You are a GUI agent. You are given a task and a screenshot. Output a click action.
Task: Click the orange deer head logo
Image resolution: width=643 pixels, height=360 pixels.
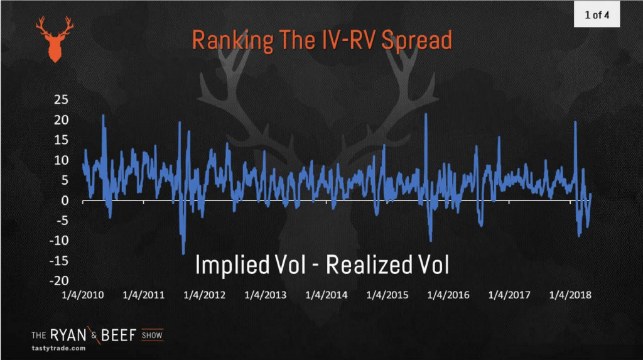click(55, 40)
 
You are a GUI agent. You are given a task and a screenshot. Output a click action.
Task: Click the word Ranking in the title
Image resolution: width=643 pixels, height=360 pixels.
click(232, 41)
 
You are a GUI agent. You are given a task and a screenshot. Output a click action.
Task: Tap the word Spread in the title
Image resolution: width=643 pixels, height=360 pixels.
click(417, 40)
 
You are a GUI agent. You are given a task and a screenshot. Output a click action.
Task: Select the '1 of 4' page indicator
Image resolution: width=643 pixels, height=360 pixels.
click(597, 15)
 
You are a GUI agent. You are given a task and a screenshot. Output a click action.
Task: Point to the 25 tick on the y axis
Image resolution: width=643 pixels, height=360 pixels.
click(61, 100)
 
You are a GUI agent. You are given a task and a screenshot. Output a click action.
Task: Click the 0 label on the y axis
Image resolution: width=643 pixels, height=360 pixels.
click(65, 200)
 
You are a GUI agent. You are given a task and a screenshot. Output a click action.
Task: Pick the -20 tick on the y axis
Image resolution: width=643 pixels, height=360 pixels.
click(58, 281)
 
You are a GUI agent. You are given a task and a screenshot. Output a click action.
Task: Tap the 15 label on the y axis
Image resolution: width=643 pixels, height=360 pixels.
click(61, 140)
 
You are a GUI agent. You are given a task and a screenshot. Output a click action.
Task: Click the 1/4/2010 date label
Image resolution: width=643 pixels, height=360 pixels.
click(82, 295)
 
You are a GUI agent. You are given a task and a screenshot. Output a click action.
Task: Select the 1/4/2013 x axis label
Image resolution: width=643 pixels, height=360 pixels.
click(266, 295)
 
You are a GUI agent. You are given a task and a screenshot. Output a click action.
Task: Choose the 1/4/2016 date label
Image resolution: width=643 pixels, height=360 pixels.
click(448, 295)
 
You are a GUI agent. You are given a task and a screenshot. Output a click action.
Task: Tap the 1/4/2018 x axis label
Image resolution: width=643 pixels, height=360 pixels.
click(570, 295)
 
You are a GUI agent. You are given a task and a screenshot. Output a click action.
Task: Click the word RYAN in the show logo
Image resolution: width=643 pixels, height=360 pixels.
click(68, 335)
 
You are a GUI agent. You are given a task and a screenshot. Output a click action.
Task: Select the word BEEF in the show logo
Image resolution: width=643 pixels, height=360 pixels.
click(119, 335)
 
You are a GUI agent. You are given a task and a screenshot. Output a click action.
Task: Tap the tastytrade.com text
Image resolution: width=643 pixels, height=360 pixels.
click(58, 348)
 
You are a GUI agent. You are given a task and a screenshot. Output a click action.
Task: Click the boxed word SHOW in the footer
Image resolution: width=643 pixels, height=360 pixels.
click(152, 335)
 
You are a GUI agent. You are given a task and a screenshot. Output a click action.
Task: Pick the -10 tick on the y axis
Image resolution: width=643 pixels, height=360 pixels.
click(58, 241)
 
